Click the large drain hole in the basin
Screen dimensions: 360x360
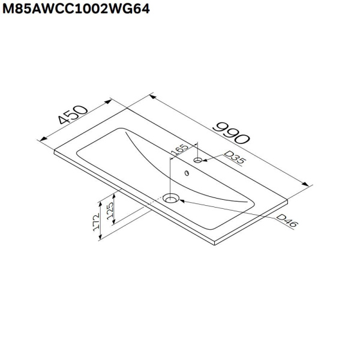click(x=172, y=197)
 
